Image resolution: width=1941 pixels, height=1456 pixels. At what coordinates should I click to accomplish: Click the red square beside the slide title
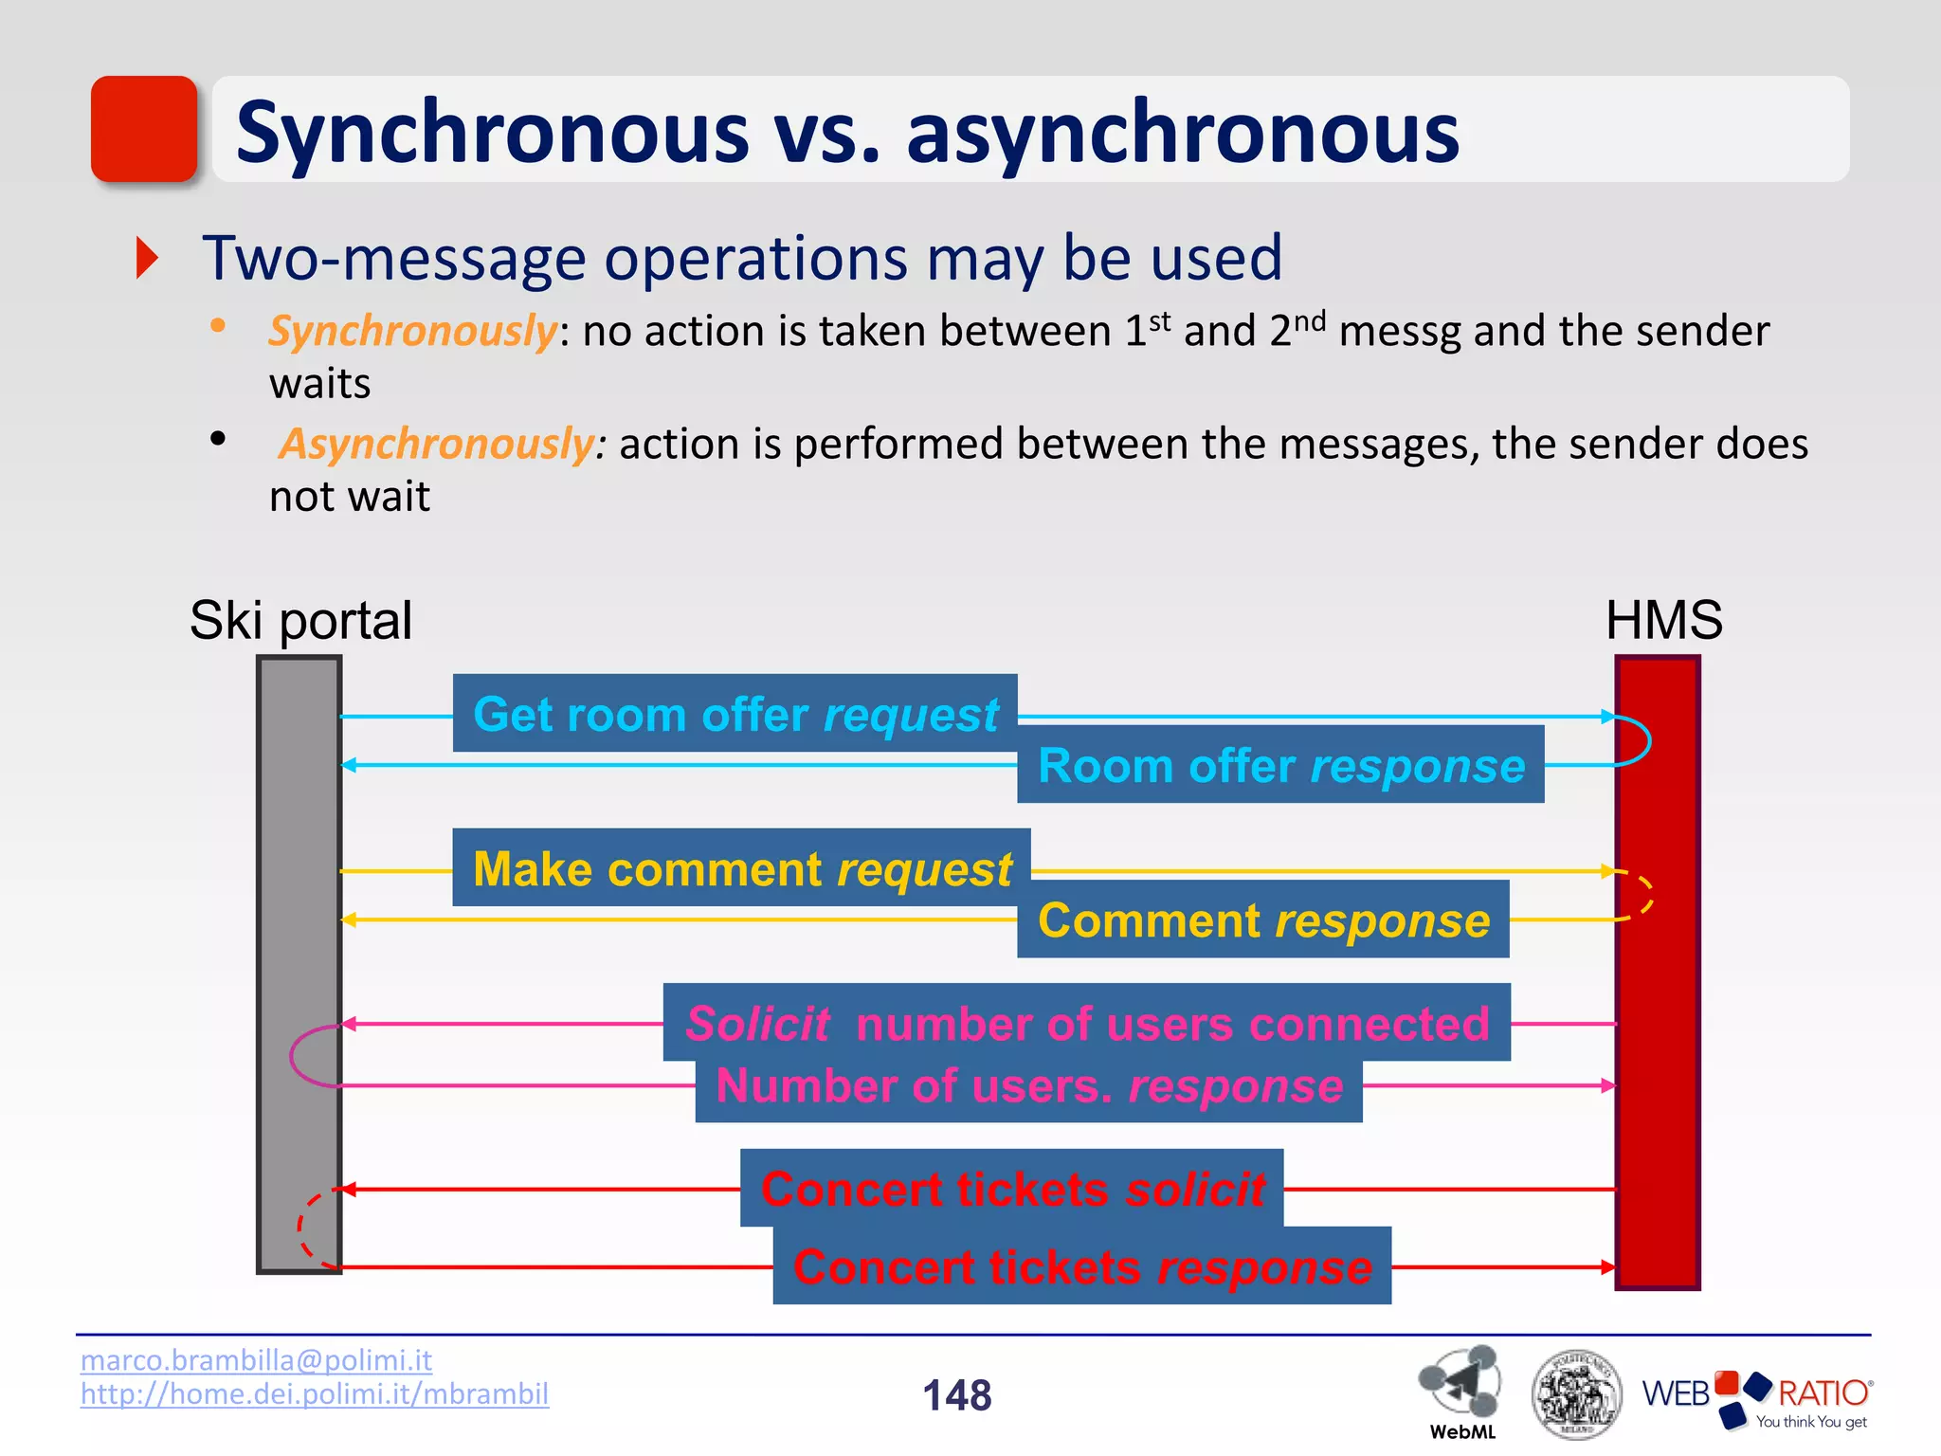144,129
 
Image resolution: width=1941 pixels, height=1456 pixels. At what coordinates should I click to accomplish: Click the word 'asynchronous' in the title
1182,133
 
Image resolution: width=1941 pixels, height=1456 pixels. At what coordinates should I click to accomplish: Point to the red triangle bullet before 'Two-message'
147,258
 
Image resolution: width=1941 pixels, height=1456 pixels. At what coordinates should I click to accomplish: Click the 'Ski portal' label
300,621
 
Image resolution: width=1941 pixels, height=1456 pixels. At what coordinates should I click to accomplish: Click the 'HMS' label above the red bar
1663,621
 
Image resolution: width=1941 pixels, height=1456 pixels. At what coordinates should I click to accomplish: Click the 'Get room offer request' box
735,714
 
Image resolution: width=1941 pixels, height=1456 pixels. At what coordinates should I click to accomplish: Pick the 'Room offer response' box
1280,765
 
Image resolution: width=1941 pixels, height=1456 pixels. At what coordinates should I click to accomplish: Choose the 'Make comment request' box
741,868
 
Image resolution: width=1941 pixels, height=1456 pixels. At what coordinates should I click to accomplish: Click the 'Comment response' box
1262,919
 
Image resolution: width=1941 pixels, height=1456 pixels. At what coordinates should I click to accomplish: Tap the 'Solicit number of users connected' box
1086,1023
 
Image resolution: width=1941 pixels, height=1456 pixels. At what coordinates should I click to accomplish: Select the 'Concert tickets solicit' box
1011,1189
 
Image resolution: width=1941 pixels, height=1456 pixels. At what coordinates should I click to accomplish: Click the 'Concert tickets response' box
1081,1266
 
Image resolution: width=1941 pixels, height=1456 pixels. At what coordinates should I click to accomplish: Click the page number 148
956,1395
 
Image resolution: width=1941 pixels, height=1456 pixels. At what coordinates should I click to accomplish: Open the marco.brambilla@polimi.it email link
256,1360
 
